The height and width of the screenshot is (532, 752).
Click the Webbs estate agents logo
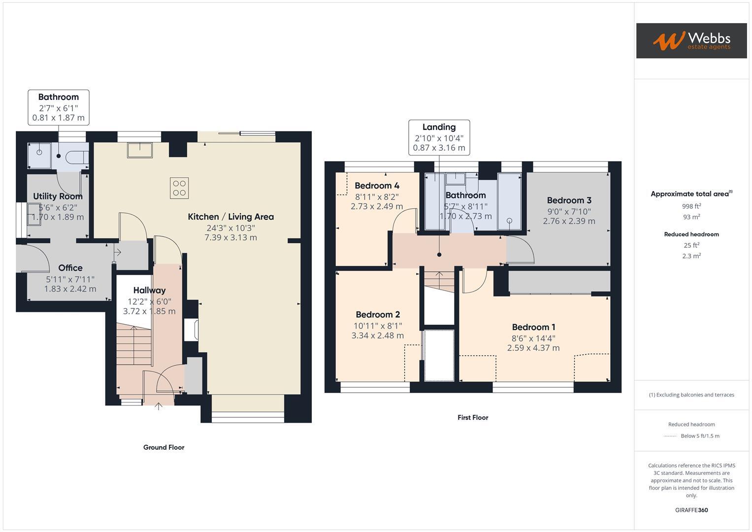pos(691,40)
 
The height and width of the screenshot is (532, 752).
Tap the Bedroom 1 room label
pos(533,327)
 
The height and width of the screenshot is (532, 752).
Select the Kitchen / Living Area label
pos(230,217)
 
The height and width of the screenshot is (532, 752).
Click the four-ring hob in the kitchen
pos(179,188)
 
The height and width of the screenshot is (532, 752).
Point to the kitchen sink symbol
pos(140,150)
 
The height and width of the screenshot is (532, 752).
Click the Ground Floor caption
pos(163,447)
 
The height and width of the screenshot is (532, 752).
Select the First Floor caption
pos(473,417)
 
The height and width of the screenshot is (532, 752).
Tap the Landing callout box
pos(439,137)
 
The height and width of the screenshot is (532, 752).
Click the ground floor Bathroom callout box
pos(58,107)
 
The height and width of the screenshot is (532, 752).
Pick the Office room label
pos(70,268)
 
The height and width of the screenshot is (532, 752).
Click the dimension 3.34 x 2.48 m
pos(377,335)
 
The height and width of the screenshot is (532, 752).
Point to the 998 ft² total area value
pos(691,206)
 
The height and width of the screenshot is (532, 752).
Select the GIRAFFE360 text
pos(691,510)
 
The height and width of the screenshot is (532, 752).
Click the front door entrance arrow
pos(159,406)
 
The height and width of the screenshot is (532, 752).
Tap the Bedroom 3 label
pos(569,200)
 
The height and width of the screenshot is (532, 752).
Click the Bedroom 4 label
pos(377,186)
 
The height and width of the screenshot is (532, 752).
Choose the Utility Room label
pos(58,196)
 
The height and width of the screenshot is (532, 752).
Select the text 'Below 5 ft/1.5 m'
pos(700,436)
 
